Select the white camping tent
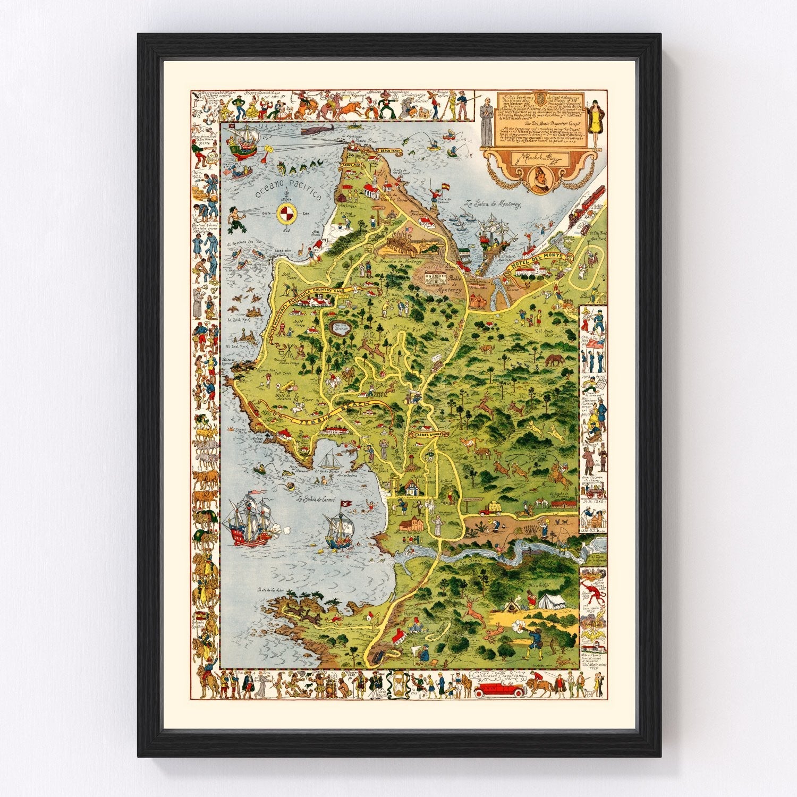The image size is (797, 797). tap(554, 601)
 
